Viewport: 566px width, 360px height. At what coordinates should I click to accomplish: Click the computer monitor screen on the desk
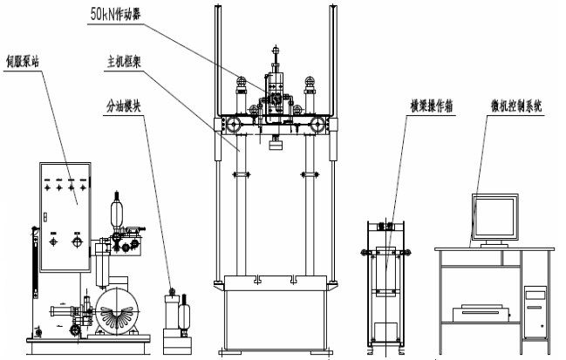point(494,214)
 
